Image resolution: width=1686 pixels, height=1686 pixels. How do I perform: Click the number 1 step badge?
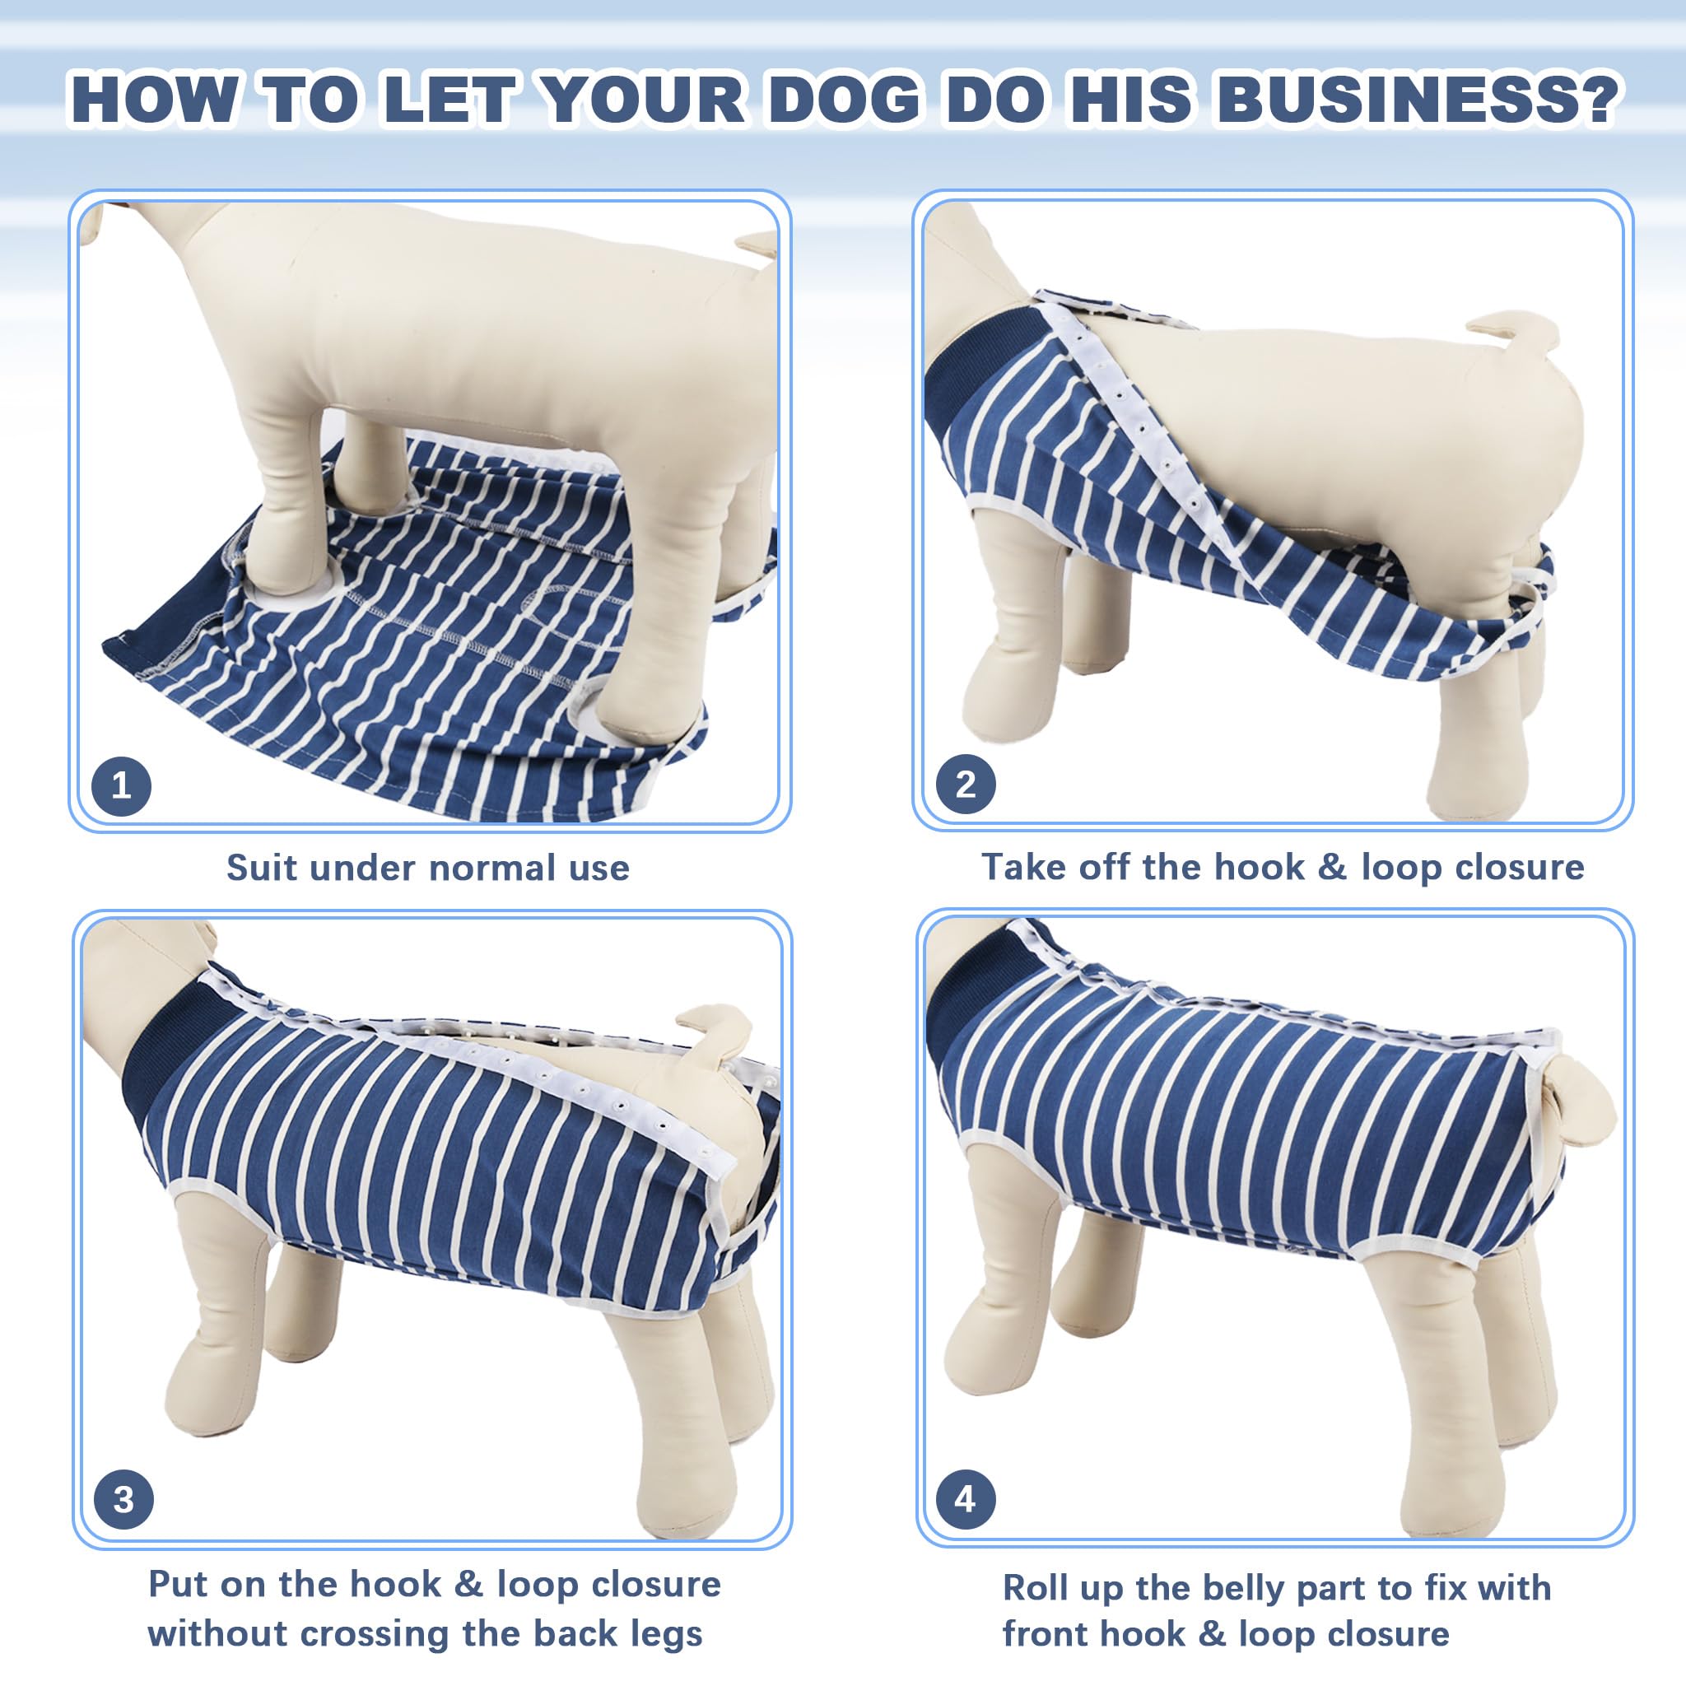(121, 786)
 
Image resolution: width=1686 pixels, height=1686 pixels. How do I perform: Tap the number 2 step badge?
(965, 785)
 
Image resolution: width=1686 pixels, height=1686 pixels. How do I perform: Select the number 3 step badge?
(123, 1499)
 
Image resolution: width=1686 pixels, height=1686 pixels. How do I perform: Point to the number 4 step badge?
(965, 1498)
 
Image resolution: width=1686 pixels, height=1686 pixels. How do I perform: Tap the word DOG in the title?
(844, 100)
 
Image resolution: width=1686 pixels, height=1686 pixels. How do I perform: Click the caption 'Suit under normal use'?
(427, 869)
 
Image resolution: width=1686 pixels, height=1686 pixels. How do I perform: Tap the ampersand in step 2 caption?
(1332, 868)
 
